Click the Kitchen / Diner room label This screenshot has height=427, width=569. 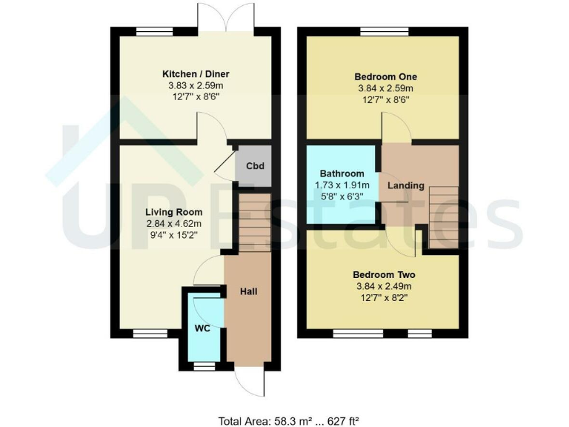point(196,73)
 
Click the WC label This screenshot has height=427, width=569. point(202,327)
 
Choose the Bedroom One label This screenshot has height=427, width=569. point(385,76)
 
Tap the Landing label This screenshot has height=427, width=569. point(406,185)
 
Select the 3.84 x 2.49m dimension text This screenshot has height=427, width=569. point(385,285)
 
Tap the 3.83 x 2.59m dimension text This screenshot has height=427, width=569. point(196,85)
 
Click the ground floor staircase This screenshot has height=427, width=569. point(252,223)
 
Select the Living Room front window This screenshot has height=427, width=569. point(146,333)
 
